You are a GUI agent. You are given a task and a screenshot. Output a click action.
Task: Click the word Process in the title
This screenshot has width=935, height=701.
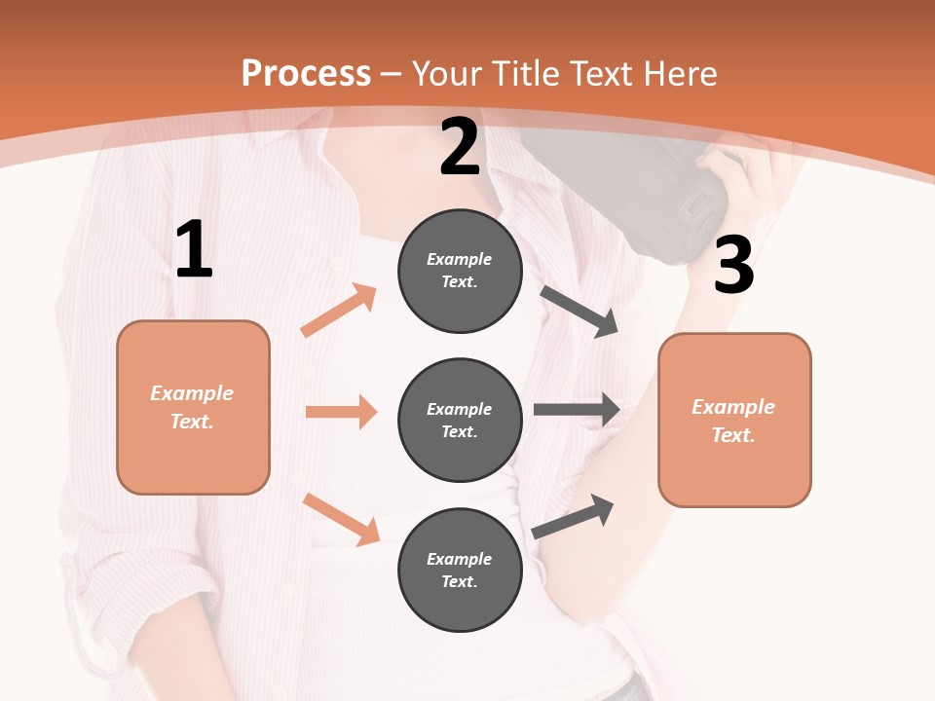306,73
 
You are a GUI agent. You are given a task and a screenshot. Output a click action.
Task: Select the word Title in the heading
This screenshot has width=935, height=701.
527,73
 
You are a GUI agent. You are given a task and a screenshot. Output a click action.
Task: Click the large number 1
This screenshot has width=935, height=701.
194,250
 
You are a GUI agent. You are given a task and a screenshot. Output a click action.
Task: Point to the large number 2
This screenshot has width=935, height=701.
460,148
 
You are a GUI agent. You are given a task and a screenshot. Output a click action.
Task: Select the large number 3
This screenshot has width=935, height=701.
733,266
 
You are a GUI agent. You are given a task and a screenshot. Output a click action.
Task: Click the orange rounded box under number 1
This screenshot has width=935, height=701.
193,407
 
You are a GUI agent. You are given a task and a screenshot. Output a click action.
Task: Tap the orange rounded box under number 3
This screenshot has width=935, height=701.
734,420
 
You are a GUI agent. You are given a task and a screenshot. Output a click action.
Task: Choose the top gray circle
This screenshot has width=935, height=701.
460,271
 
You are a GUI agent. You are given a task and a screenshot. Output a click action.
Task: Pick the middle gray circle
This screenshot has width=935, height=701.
460,420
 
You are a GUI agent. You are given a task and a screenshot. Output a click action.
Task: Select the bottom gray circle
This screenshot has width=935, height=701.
460,570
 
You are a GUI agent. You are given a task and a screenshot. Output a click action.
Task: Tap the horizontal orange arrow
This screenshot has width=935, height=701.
341,412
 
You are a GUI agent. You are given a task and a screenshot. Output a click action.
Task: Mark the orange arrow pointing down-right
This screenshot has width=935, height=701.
342,518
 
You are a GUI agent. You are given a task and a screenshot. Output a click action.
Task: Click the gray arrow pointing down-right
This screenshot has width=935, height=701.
580,311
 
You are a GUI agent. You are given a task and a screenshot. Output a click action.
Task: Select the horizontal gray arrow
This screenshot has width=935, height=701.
577,409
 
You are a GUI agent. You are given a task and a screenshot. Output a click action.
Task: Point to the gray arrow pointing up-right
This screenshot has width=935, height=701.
574,516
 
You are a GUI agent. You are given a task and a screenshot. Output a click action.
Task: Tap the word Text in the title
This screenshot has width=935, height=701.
599,73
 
